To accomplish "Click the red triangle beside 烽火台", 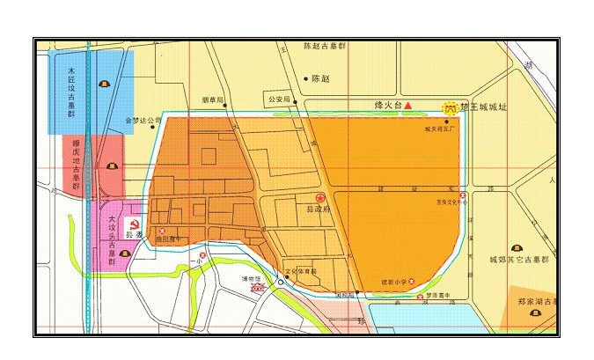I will tap(407, 106).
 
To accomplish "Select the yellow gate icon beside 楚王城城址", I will tap(450, 107).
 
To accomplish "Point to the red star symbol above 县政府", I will tap(321, 198).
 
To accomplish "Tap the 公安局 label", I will tap(278, 99).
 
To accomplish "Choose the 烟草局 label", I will tap(212, 99).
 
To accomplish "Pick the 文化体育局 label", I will tap(301, 271).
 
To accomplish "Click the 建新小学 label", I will tap(392, 282).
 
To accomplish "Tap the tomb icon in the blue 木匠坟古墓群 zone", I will tap(103, 85).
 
